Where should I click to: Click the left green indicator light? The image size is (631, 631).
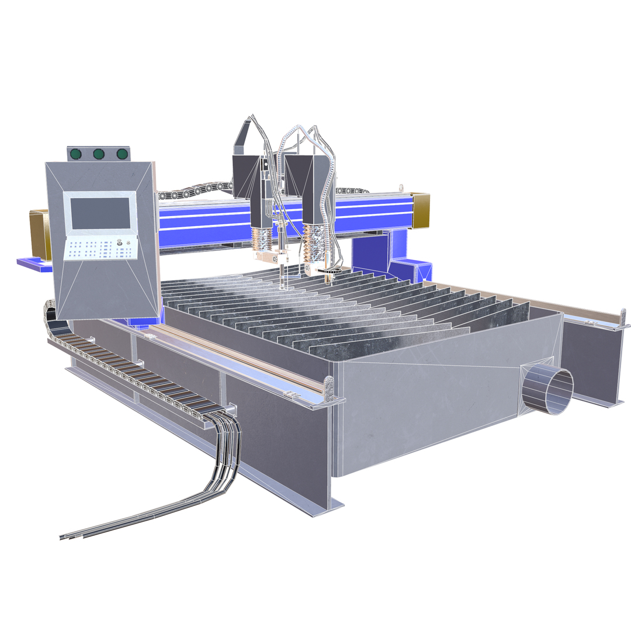75,154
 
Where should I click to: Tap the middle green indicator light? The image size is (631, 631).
99,154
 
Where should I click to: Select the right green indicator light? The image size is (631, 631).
122,154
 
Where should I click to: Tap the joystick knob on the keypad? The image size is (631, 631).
120,242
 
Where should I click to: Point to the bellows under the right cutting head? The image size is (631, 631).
315,242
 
